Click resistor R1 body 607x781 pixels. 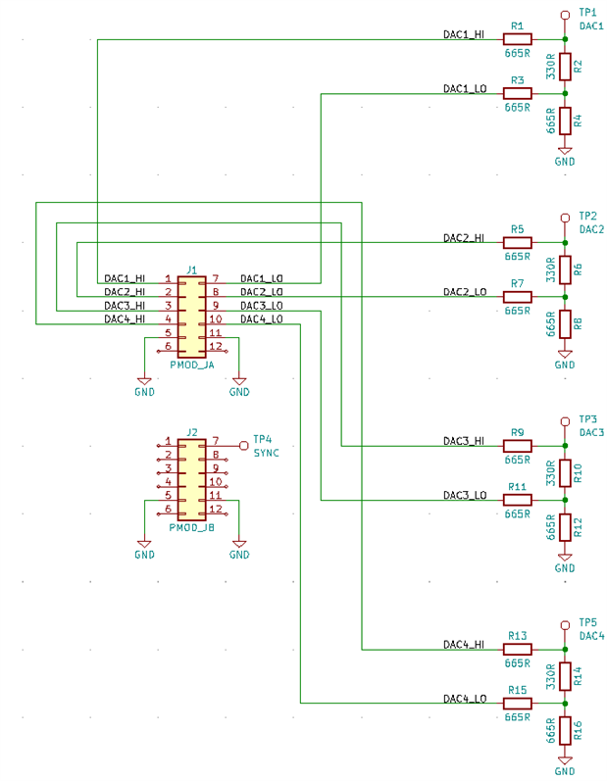(x=517, y=39)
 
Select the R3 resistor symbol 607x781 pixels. (x=517, y=93)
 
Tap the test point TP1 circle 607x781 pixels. (x=564, y=15)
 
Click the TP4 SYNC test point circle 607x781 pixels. (x=244, y=445)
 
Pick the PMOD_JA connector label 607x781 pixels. (x=191, y=364)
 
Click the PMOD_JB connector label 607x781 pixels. (x=191, y=526)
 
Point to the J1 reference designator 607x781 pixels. (x=192, y=269)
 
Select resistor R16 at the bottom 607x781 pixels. (x=564, y=729)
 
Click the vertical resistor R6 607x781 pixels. (x=564, y=269)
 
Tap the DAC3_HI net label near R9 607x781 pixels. (x=464, y=440)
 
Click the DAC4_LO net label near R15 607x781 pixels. (x=464, y=699)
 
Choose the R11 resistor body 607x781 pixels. (x=517, y=500)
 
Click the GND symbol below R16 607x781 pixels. (x=564, y=760)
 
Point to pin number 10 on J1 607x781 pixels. (x=216, y=319)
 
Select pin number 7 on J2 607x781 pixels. (x=216, y=441)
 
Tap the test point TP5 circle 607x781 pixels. (x=564, y=624)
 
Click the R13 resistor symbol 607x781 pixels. (x=517, y=649)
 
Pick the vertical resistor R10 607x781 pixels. (x=564, y=473)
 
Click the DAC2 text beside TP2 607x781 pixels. (x=591, y=229)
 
